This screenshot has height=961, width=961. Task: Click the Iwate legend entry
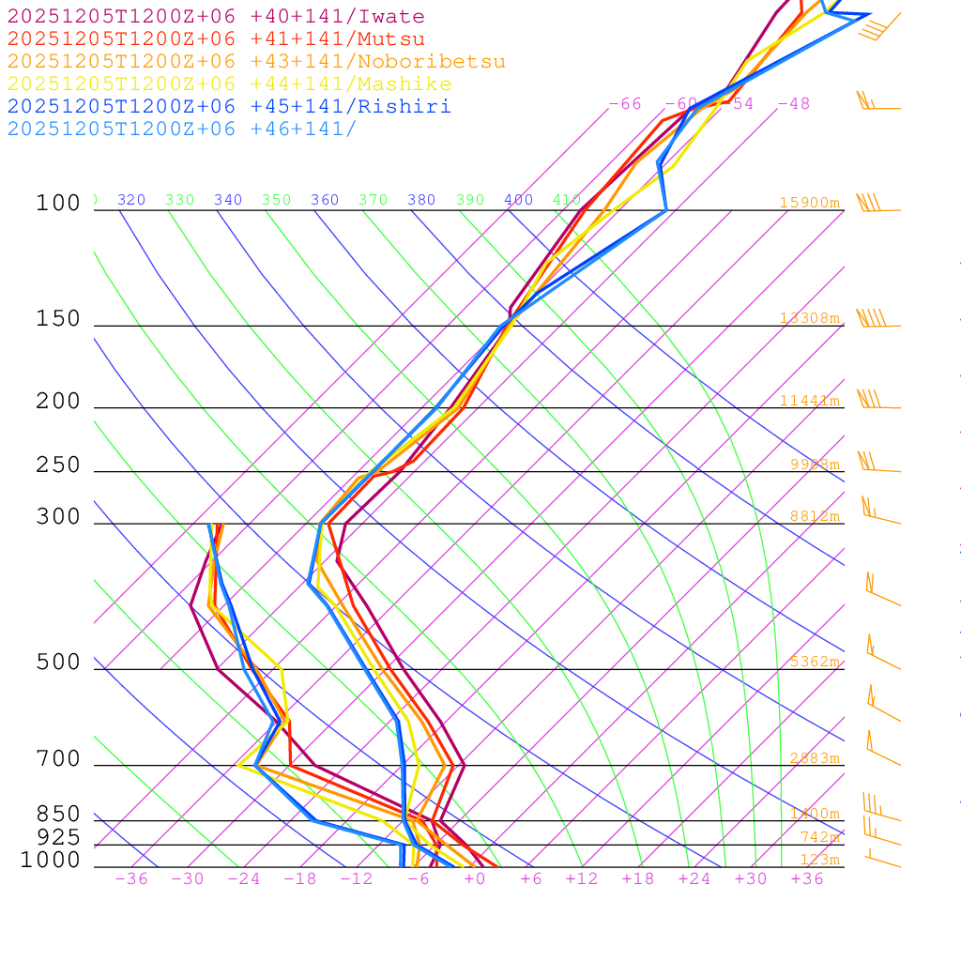tap(216, 17)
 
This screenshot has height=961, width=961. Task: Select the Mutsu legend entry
tap(216, 39)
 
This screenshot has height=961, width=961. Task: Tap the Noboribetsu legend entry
tap(256, 62)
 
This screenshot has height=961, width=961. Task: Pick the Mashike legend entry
tap(229, 84)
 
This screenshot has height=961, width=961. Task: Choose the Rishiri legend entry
tap(229, 107)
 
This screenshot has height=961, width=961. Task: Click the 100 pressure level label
tap(58, 204)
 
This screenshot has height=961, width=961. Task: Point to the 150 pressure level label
tap(58, 319)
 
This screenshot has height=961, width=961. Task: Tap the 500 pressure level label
tap(58, 663)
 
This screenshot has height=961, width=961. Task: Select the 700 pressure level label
tap(58, 758)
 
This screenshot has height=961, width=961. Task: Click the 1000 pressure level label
tap(50, 861)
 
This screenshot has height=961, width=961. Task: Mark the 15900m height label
tap(810, 203)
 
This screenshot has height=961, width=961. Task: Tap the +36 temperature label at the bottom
tap(807, 878)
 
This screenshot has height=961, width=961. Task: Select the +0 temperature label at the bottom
tap(474, 878)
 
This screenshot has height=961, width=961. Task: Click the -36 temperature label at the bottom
tap(131, 878)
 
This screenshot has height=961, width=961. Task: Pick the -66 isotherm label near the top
tap(625, 104)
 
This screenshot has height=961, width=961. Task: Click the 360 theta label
tap(325, 200)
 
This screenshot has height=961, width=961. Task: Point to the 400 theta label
tap(518, 200)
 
